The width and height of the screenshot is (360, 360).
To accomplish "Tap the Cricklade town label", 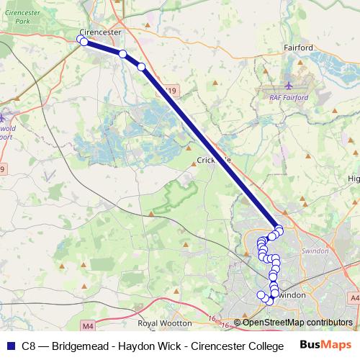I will click(213, 160).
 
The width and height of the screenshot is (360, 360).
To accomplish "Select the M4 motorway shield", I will click(89, 325).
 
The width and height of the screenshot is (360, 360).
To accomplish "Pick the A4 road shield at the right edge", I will click(355, 297).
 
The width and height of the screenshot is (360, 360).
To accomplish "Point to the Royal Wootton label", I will click(165, 323).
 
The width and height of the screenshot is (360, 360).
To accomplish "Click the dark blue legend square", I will click(11, 346).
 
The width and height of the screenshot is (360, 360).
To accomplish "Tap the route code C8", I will click(30, 346).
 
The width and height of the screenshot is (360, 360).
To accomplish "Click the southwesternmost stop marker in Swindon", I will click(261, 294).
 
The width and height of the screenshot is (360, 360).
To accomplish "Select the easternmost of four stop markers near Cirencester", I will click(141, 67).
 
